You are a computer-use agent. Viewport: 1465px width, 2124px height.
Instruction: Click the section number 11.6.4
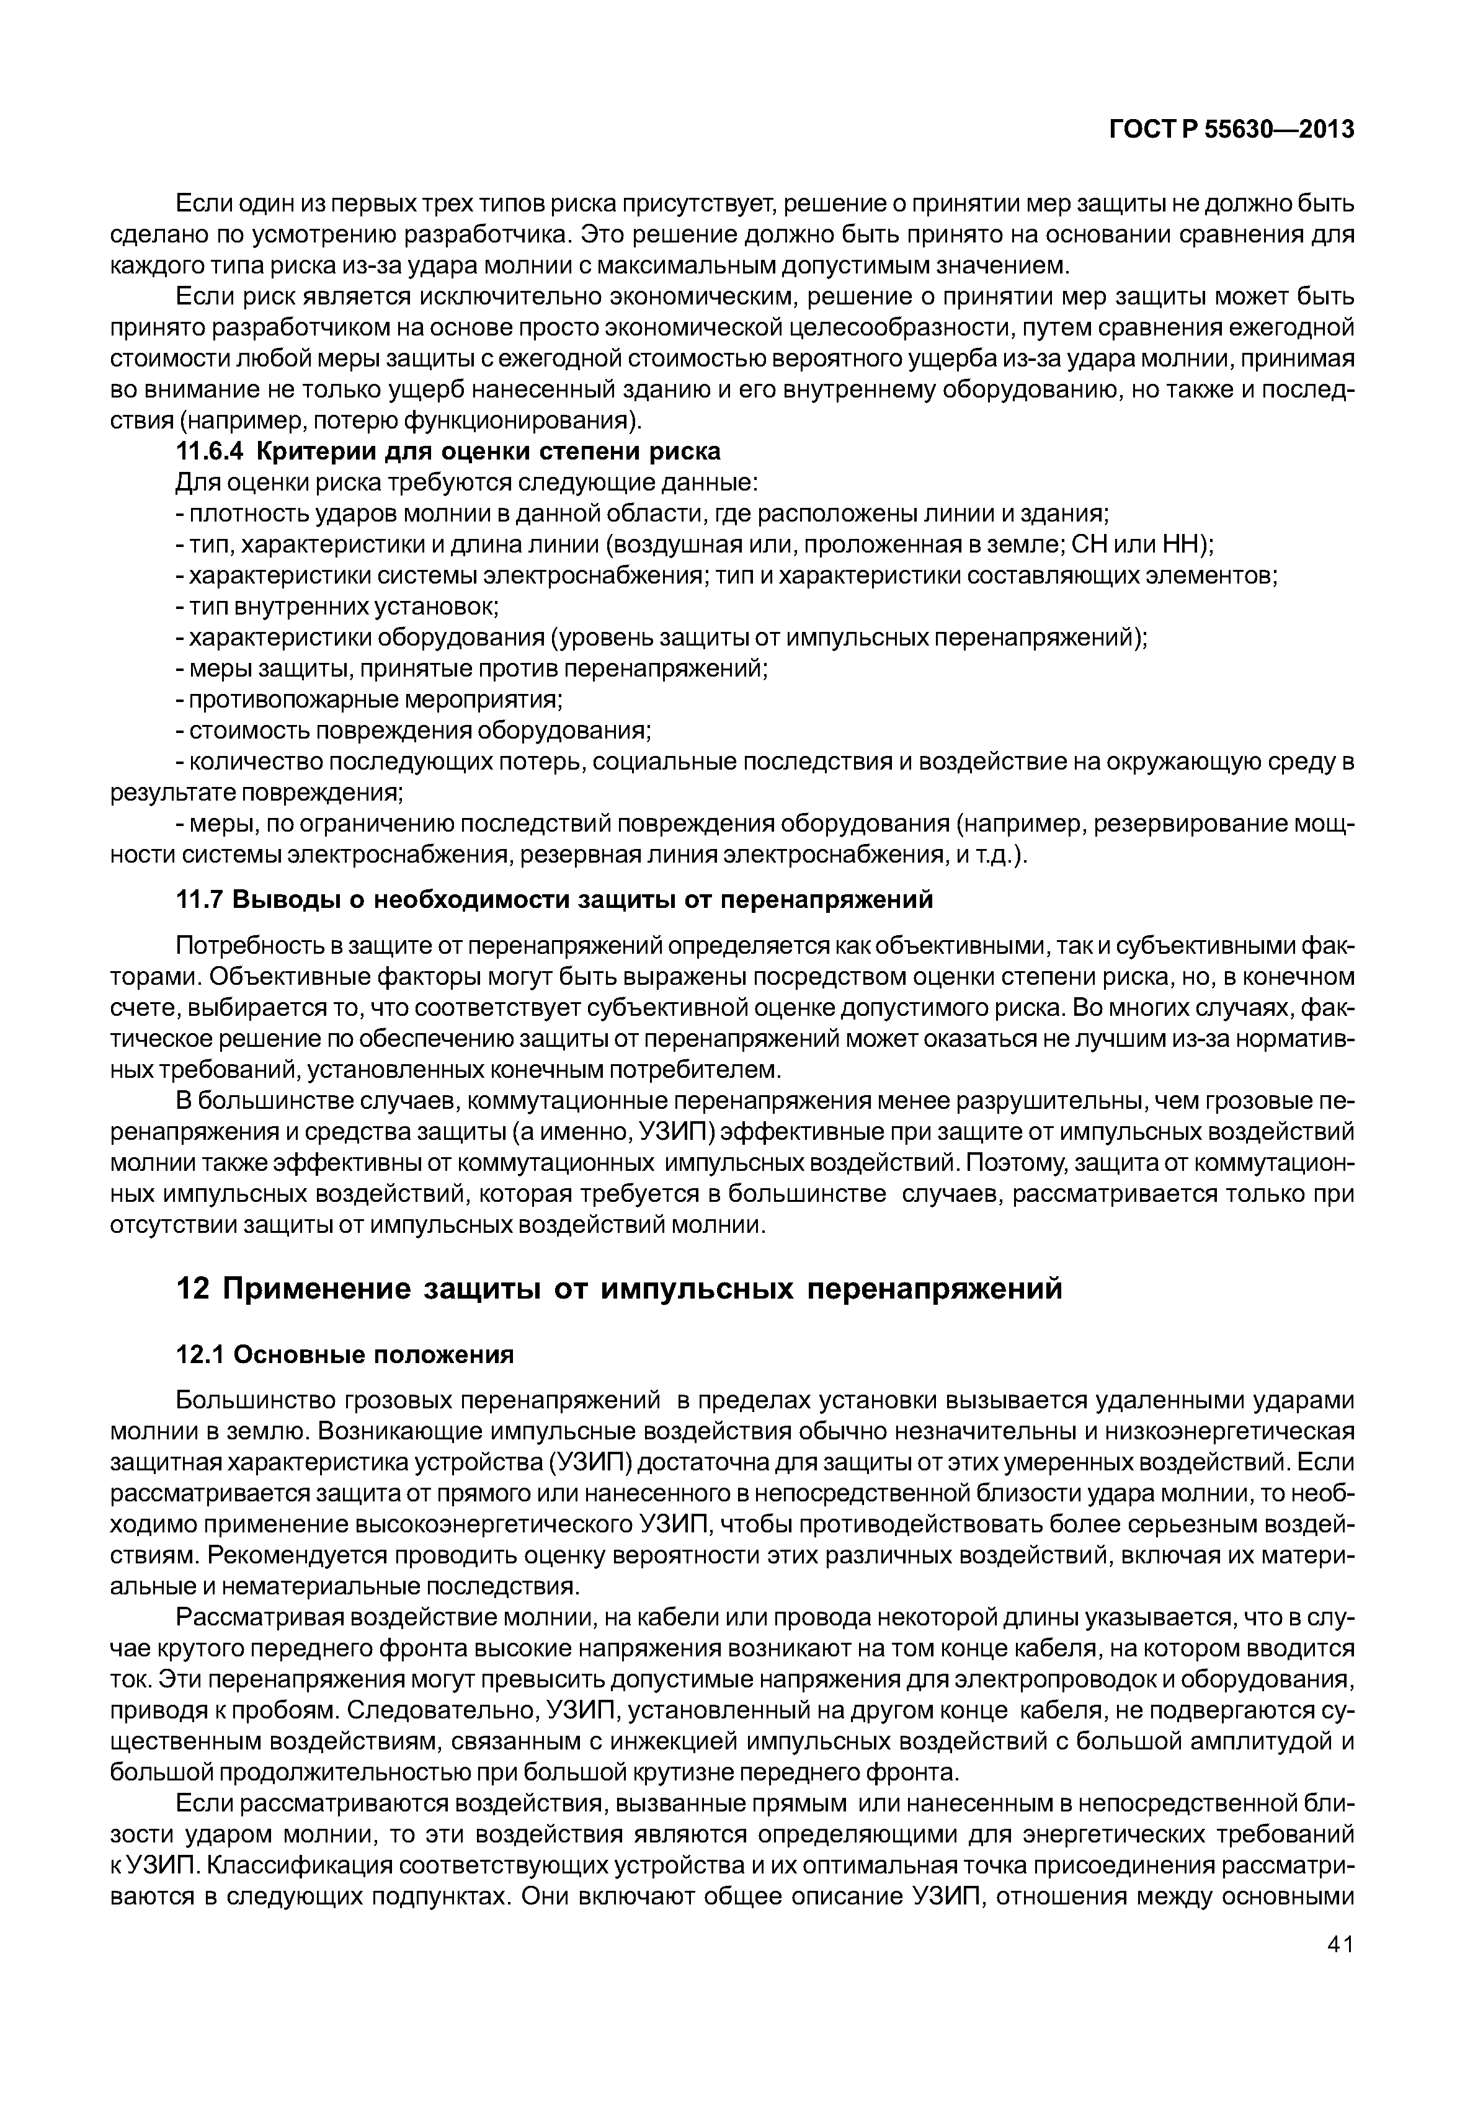210,453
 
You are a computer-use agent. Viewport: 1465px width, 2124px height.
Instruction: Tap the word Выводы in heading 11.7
281,900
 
